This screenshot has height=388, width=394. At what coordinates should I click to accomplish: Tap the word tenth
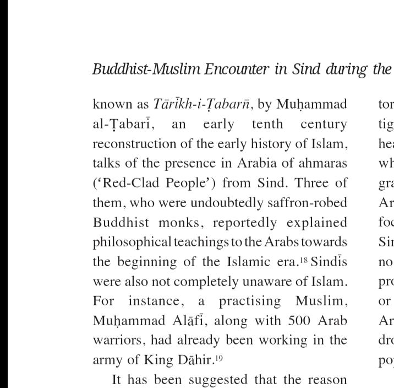pos(267,124)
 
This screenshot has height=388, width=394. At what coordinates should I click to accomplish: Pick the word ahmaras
pos(325,163)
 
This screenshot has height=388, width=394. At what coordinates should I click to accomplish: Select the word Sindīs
pos(329,262)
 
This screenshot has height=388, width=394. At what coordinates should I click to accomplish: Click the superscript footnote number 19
pos(220,357)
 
